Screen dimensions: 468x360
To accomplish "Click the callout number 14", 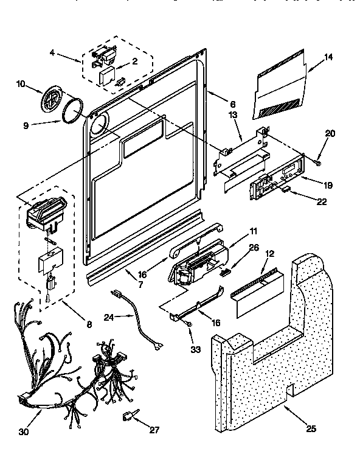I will (328, 58).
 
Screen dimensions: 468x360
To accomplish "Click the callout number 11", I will (254, 231).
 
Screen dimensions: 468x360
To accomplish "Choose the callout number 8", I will (89, 324).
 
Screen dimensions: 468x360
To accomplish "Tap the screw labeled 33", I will (190, 329).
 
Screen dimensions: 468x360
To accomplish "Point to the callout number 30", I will (23, 431).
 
